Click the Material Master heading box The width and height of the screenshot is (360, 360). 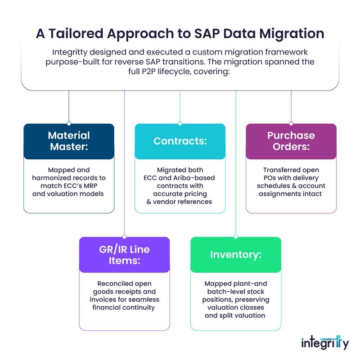pyautogui.click(x=69, y=141)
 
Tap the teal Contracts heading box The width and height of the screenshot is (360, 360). pyautogui.click(x=180, y=141)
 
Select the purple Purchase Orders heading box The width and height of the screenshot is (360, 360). pyautogui.click(x=291, y=141)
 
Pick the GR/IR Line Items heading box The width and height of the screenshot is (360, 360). pyautogui.click(x=125, y=255)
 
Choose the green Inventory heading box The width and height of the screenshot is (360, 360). pyautogui.click(x=236, y=255)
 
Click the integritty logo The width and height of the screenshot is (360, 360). pyautogui.click(x=325, y=342)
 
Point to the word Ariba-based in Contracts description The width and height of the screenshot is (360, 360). pyautogui.click(x=194, y=178)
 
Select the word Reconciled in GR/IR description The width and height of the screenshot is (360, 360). pyautogui.click(x=112, y=283)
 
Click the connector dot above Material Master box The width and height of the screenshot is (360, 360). pyautogui.click(x=69, y=123)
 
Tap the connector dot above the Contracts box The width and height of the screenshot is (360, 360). pyautogui.click(x=180, y=123)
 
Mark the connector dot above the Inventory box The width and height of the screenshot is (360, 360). pyautogui.click(x=236, y=237)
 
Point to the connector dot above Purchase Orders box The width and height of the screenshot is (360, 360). pyautogui.click(x=291, y=123)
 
